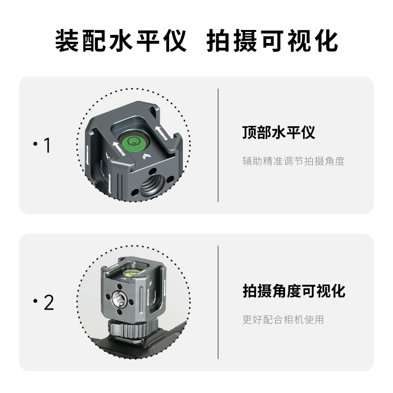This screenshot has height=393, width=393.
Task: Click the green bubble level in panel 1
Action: coord(133,142)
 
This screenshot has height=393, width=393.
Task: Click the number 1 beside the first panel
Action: coord(47,145)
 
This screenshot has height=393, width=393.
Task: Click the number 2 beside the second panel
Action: coord(48,303)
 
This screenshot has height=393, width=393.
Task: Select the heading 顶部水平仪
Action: coord(279,133)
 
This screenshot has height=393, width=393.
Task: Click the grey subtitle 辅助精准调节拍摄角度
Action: coord(293,161)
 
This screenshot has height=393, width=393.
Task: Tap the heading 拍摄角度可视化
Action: coord(293,291)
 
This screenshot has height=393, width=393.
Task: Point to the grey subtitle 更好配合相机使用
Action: coord(283,320)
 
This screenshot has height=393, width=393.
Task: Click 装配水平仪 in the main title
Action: coord(120,41)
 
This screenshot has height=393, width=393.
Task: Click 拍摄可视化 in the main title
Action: coord(272,41)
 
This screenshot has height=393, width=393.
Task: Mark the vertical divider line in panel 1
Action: coord(218,145)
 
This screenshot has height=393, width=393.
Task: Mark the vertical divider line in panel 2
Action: coord(218,302)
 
